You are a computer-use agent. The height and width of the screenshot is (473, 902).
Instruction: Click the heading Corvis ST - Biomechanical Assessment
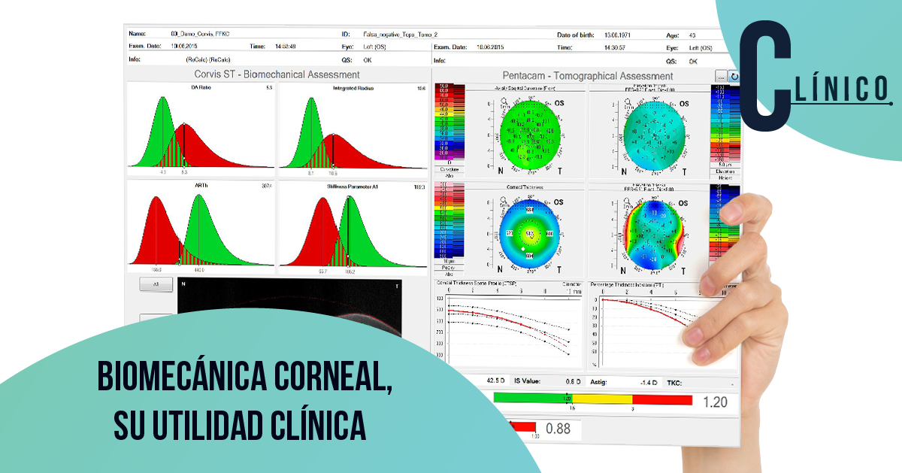tap(277, 75)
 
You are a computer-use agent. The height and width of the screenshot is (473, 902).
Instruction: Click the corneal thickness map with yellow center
tap(528, 233)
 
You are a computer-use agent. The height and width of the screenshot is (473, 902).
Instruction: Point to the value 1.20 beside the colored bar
tap(714, 402)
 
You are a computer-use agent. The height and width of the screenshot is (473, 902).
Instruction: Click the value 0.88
tap(558, 429)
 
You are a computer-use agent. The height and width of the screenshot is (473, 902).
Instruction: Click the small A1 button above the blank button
tap(156, 285)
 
